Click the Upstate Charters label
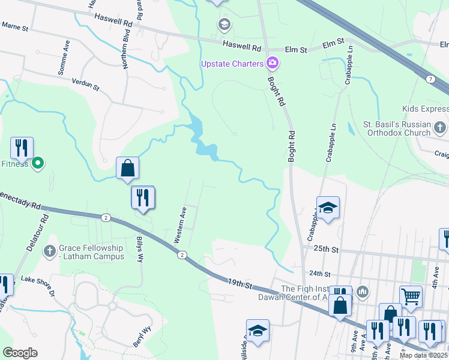[x=232, y=64]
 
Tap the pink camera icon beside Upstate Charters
[x=273, y=62]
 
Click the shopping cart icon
[x=411, y=295]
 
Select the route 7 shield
[x=431, y=79]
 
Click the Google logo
[x=20, y=353]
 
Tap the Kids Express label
[x=424, y=109]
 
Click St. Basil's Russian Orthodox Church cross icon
[x=440, y=127]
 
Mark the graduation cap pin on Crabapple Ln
[x=328, y=208]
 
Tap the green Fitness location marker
[x=37, y=163]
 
